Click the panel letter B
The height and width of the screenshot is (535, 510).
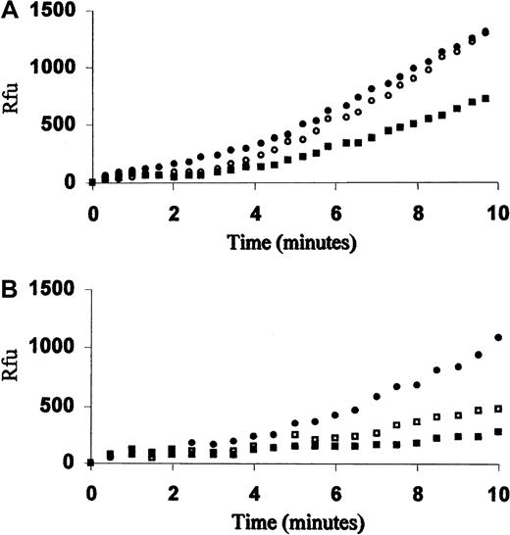9,291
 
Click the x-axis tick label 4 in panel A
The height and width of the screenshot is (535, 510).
255,208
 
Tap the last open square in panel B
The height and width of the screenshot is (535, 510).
500,409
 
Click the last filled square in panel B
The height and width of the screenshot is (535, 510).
500,432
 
